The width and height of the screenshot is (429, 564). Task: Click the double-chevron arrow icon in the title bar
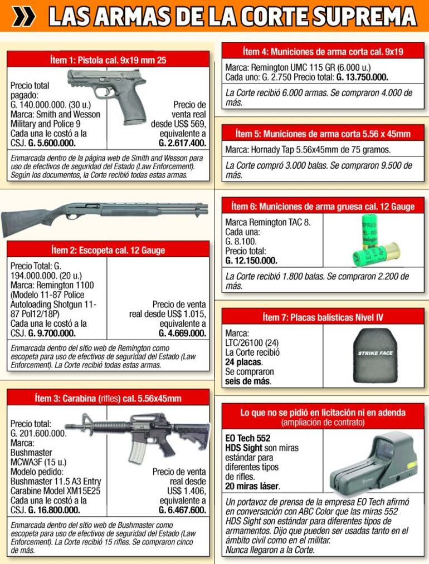[x=23, y=17]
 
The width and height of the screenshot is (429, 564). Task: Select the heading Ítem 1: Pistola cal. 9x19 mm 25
[x=108, y=60]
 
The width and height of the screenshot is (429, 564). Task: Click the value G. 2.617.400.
[x=182, y=143]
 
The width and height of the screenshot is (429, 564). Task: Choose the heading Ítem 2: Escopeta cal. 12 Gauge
[x=108, y=250]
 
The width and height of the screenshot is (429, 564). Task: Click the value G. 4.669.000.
[x=182, y=333]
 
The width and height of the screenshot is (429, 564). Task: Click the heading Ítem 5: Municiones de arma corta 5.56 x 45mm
[x=323, y=134]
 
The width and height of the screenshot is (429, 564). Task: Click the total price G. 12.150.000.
[x=251, y=260]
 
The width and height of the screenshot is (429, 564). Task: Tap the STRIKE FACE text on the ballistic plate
[x=376, y=353]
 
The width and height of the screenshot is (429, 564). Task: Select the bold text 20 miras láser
[x=252, y=485]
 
